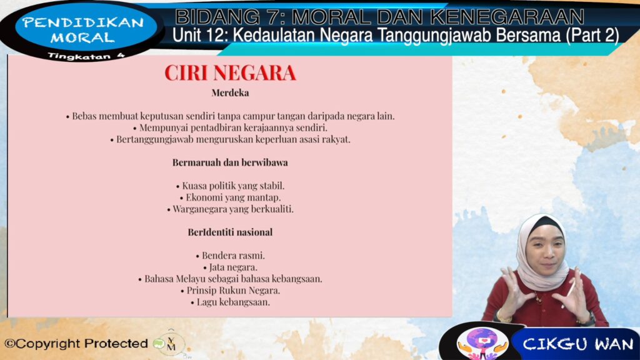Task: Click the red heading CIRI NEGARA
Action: coord(230,73)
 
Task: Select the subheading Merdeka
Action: coord(230,92)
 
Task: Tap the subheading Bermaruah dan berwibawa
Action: coord(230,162)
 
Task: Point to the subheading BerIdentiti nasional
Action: coord(230,232)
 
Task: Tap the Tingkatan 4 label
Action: coord(86,56)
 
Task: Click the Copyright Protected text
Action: coord(76,344)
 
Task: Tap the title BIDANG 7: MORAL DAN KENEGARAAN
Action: coord(379,17)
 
